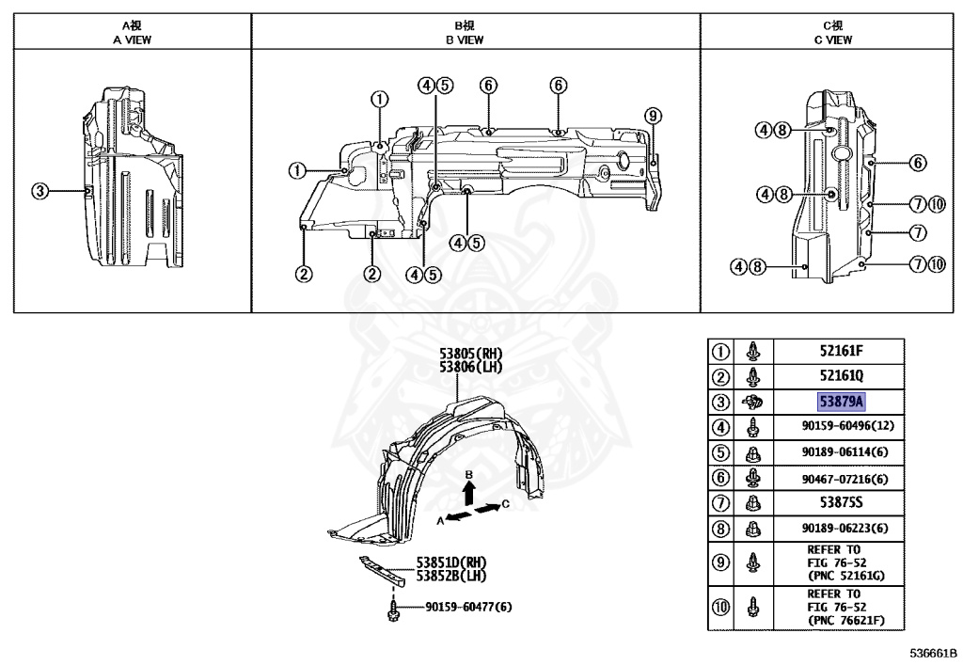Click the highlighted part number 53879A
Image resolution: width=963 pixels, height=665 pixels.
[841, 402]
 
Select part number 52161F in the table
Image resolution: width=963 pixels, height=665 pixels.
[841, 352]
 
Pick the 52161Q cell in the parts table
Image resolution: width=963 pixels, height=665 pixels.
[841, 376]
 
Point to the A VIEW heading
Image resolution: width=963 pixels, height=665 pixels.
[132, 40]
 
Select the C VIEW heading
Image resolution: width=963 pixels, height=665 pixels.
[832, 40]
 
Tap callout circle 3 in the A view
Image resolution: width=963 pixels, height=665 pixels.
[39, 191]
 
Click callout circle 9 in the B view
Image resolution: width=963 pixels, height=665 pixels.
[653, 117]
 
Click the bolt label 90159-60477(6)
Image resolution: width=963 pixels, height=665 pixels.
[468, 607]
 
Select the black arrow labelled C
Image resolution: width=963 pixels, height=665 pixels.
[487, 509]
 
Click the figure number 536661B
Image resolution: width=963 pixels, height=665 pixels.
[932, 652]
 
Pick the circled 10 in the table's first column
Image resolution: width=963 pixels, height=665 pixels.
[721, 607]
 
